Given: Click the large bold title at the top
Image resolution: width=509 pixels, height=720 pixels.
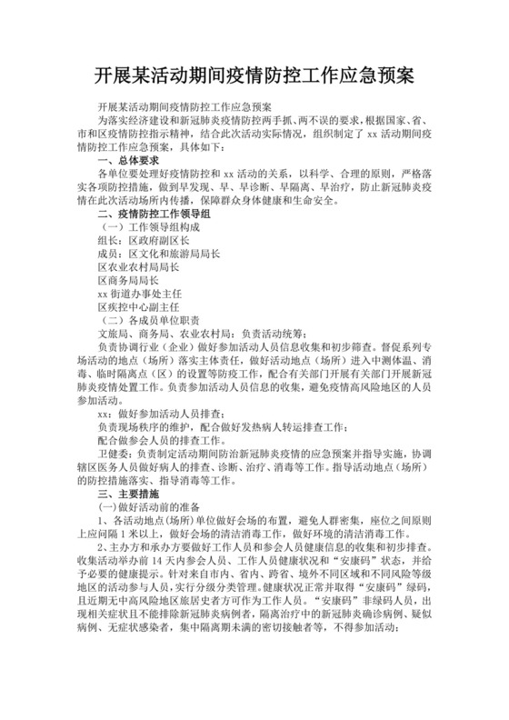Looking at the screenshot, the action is point(254,73).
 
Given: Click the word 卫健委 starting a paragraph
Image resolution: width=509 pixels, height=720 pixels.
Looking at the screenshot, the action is point(114,452).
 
